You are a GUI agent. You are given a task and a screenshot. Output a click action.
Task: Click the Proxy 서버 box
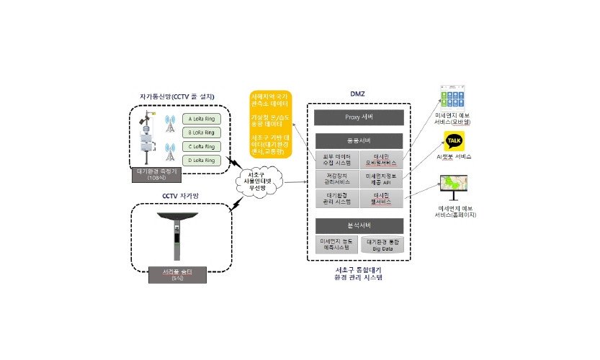pyautogui.click(x=359, y=118)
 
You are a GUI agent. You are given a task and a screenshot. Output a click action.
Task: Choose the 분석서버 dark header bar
pyautogui.click(x=359, y=224)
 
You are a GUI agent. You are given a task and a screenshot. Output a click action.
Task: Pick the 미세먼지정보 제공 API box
pyautogui.click(x=382, y=179)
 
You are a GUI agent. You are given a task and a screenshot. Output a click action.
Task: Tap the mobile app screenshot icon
pyautogui.click(x=455, y=98)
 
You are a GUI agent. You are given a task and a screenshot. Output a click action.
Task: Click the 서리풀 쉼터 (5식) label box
pyautogui.click(x=175, y=274)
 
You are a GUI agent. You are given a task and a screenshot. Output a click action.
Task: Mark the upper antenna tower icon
pyautogui.click(x=170, y=124)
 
